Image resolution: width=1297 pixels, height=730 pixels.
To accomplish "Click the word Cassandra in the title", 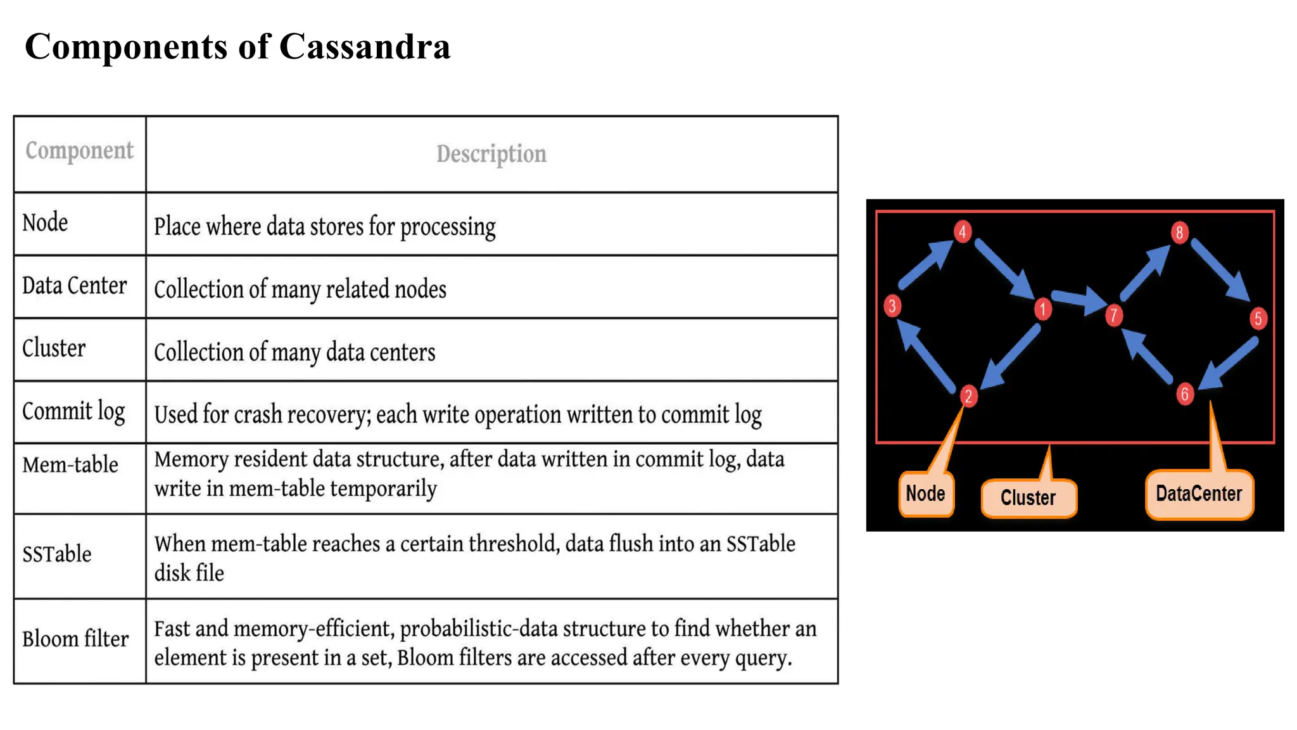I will pos(365,47).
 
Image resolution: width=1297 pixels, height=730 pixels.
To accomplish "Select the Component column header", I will pos(79,151).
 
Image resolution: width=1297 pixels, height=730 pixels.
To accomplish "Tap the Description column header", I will pos(491,154).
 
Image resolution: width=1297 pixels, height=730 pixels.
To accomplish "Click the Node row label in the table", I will pos(45,223).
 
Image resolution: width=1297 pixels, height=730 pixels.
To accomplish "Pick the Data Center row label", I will pos(74,286).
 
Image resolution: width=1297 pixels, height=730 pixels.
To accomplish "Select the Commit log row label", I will pos(73,412).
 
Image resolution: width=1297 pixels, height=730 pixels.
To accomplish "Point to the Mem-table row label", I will pos(70,465).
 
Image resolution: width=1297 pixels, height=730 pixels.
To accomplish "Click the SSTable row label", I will pos(56,554).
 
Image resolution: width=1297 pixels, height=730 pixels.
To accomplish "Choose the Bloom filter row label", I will pos(75,639).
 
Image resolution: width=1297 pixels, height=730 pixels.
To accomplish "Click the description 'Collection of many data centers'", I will pos(294,352).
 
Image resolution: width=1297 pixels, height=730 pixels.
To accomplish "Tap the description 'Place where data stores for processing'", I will pos(324,227).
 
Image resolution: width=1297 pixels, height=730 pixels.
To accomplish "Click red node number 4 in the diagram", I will pos(962,231).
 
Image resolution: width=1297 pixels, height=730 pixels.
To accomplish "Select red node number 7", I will pos(1113,315).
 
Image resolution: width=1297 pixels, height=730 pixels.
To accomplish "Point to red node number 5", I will pos(1258,318).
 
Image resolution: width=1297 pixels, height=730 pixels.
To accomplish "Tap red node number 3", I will pos(892,306).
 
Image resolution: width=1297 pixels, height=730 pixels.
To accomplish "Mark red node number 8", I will pos(1179,233).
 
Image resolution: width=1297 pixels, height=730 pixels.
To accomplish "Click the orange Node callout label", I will pos(925,494).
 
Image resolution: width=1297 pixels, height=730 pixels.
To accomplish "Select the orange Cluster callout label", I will pos(1028,497).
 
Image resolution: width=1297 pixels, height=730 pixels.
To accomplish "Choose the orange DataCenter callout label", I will pos(1199,494).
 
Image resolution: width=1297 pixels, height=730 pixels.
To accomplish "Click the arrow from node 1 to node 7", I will pos(1079,300).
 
